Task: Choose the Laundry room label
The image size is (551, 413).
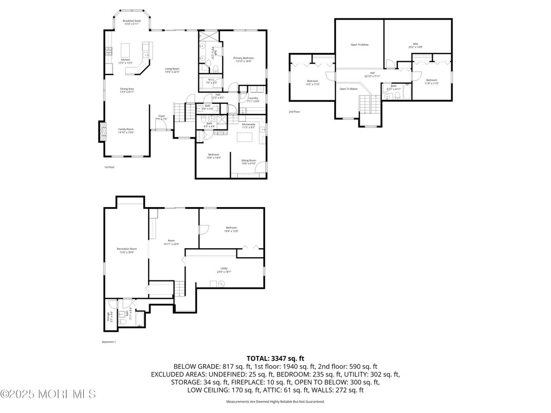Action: click(253, 99)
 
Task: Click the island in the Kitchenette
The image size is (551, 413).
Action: click(243, 138)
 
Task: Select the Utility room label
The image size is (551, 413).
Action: click(224, 269)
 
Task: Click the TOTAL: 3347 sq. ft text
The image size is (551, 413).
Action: click(275, 358)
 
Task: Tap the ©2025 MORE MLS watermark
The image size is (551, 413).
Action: click(48, 395)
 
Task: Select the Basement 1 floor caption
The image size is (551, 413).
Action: click(109, 342)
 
